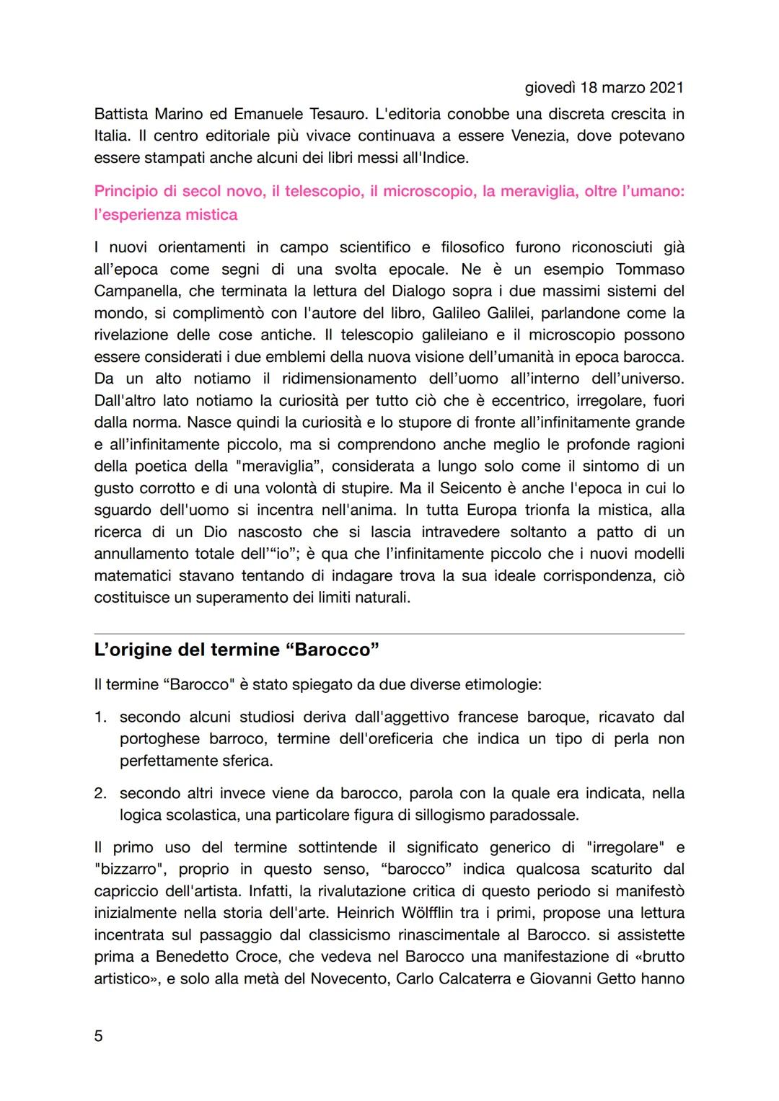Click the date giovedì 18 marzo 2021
coord(604,88)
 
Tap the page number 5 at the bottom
coord(99,1036)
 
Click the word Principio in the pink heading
coord(128,192)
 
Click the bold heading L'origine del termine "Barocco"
coord(237,649)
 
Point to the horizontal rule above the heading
coord(389,634)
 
